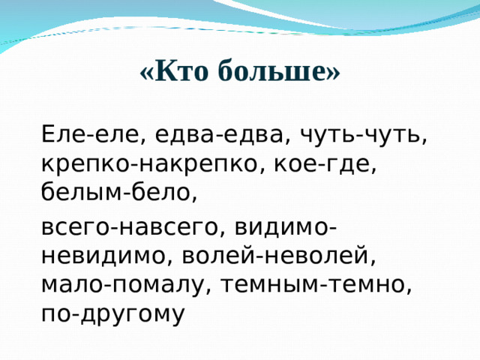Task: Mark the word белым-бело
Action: (116, 193)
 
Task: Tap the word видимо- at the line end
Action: (284, 227)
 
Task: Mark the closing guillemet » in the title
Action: (334, 72)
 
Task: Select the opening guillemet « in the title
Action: (145, 72)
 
